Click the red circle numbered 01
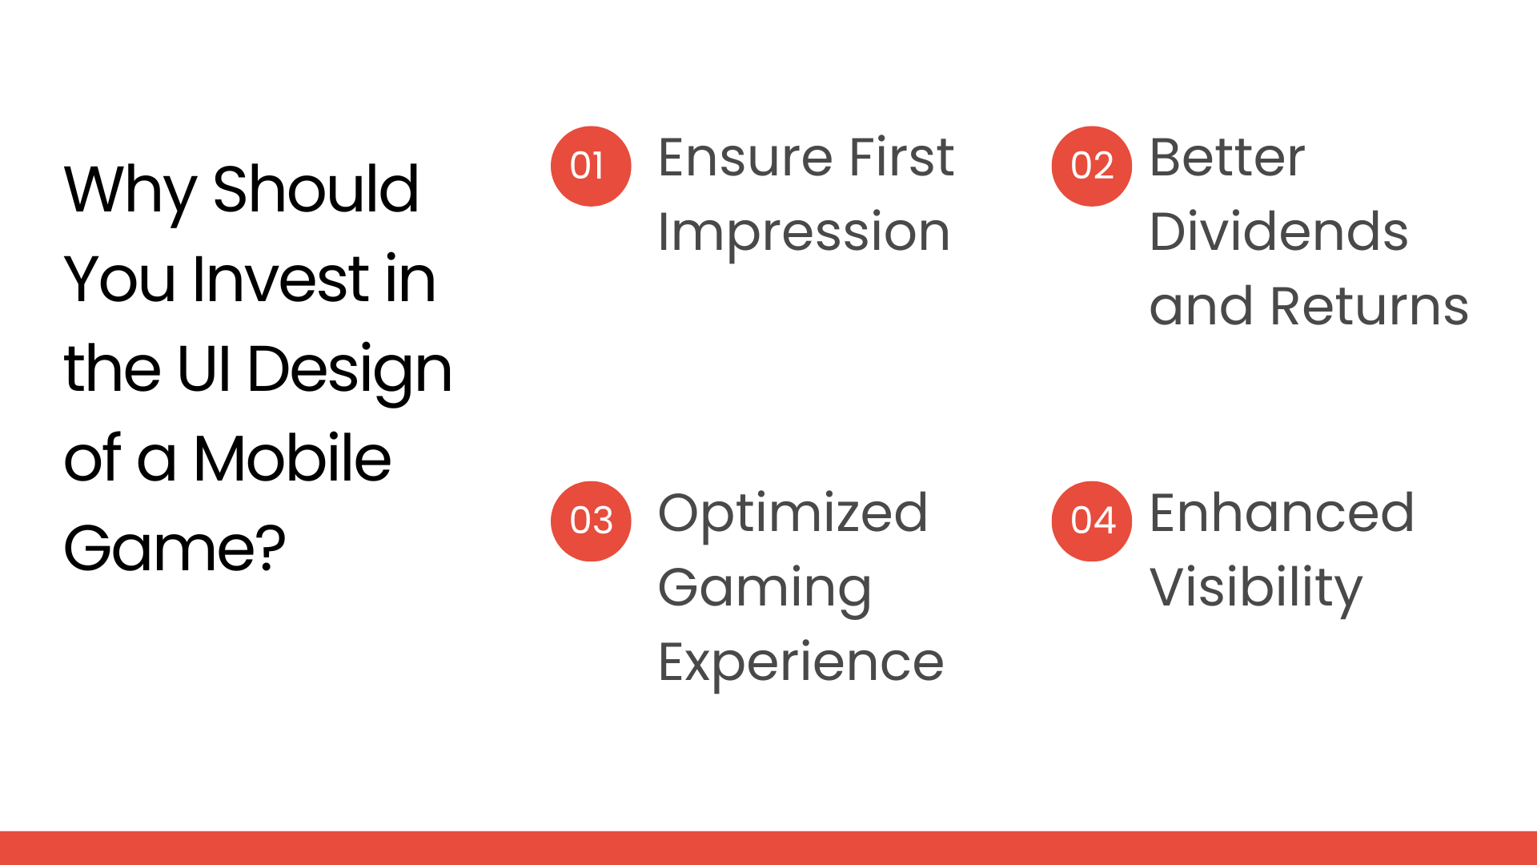tap(591, 166)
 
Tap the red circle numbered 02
tap(1091, 166)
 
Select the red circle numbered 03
tap(591, 521)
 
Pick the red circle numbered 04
tap(1091, 521)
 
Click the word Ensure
tap(745, 157)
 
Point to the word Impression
tap(804, 232)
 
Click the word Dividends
tap(1278, 232)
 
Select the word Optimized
tap(793, 513)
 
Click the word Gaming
tap(764, 589)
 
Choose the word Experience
tap(801, 663)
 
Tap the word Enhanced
tap(1282, 513)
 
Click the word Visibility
tap(1255, 589)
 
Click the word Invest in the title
tap(280, 280)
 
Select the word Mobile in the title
tap(292, 459)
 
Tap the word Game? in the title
tap(175, 549)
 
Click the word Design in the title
tap(350, 370)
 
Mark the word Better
tap(1227, 157)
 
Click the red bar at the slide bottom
tap(768, 848)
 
